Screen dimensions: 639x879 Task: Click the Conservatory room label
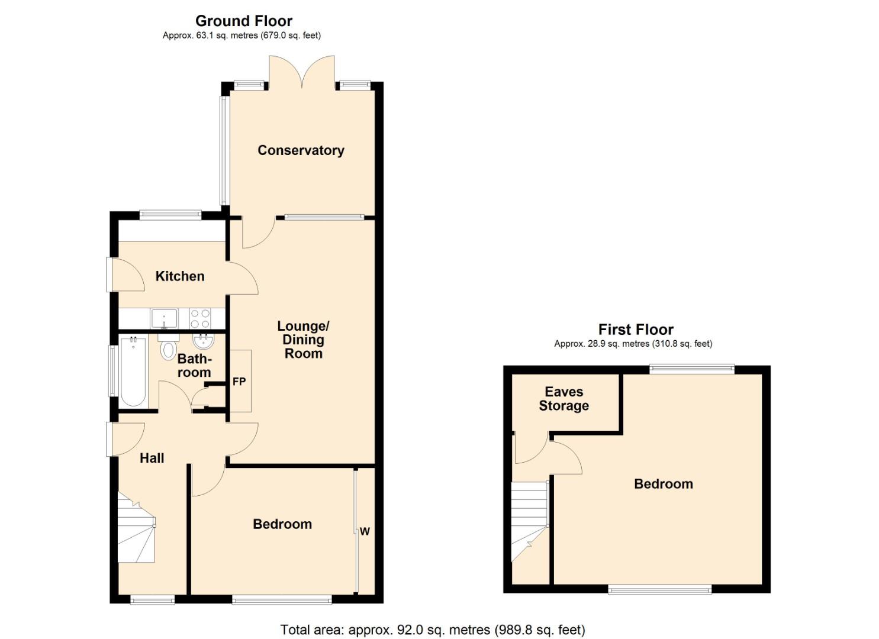(x=301, y=150)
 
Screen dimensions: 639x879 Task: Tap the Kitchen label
(x=180, y=276)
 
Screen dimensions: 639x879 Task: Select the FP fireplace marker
(x=239, y=382)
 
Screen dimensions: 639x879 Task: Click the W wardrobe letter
(x=365, y=531)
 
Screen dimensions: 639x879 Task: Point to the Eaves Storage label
(x=564, y=399)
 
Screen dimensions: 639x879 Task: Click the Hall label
(x=152, y=458)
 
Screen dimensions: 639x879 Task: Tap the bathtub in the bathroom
(x=133, y=371)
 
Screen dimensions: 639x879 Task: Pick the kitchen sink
(x=164, y=318)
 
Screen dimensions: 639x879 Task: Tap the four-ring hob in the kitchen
(x=200, y=318)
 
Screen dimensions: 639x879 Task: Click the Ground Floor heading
(x=244, y=21)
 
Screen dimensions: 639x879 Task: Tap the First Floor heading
(x=636, y=330)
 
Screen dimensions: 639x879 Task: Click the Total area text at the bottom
(x=432, y=630)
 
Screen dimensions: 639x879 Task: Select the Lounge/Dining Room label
(x=303, y=340)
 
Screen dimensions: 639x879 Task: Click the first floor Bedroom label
(x=663, y=484)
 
